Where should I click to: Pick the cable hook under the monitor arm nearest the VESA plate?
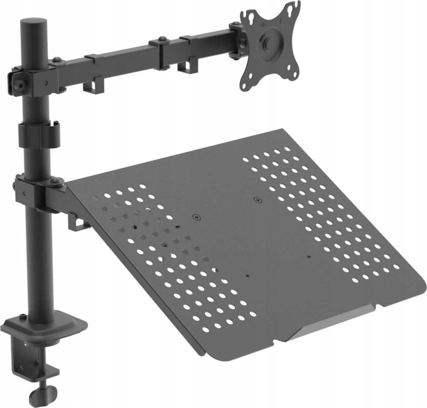point(183,66)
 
